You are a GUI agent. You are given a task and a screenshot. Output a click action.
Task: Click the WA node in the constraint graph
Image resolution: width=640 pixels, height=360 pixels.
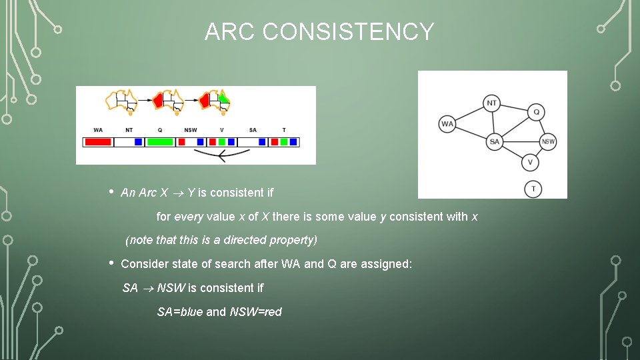447,124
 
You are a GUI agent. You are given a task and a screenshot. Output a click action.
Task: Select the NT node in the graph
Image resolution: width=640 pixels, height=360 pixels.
491,103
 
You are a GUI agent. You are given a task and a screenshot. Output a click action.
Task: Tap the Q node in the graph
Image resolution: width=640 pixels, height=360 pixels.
536,112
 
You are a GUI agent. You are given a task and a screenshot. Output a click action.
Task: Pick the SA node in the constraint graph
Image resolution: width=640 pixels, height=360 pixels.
494,141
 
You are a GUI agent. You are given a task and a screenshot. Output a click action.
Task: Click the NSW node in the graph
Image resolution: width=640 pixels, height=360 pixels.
548,141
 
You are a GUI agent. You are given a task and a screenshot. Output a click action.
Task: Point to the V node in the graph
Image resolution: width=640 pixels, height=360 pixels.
530,162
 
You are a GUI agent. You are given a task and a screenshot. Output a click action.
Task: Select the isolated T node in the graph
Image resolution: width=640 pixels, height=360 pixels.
533,189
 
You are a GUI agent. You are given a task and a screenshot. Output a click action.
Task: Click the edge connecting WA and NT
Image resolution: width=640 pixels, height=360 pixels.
469,114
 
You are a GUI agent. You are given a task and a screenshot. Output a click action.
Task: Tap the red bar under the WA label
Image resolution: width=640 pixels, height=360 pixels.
98,142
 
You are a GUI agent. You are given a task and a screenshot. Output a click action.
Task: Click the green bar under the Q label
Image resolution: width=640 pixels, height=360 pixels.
160,142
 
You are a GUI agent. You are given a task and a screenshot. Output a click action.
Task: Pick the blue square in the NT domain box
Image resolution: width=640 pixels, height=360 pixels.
138,142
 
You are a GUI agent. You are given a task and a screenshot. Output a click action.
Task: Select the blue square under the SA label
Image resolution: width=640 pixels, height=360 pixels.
262,142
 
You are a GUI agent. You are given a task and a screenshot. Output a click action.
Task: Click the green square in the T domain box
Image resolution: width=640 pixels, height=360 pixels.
284,142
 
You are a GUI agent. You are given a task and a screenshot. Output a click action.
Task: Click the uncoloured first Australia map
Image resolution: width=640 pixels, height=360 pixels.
121,101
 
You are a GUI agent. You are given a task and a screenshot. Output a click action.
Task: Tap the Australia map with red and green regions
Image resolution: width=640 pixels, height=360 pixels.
215,101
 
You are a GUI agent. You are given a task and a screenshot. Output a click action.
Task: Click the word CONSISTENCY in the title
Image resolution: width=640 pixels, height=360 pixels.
348,32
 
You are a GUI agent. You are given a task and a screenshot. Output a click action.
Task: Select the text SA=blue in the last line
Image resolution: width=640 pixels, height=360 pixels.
179,312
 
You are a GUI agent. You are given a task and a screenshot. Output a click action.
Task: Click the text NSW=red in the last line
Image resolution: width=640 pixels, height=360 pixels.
255,312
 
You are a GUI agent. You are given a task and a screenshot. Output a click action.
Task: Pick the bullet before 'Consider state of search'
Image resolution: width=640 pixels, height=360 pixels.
111,262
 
